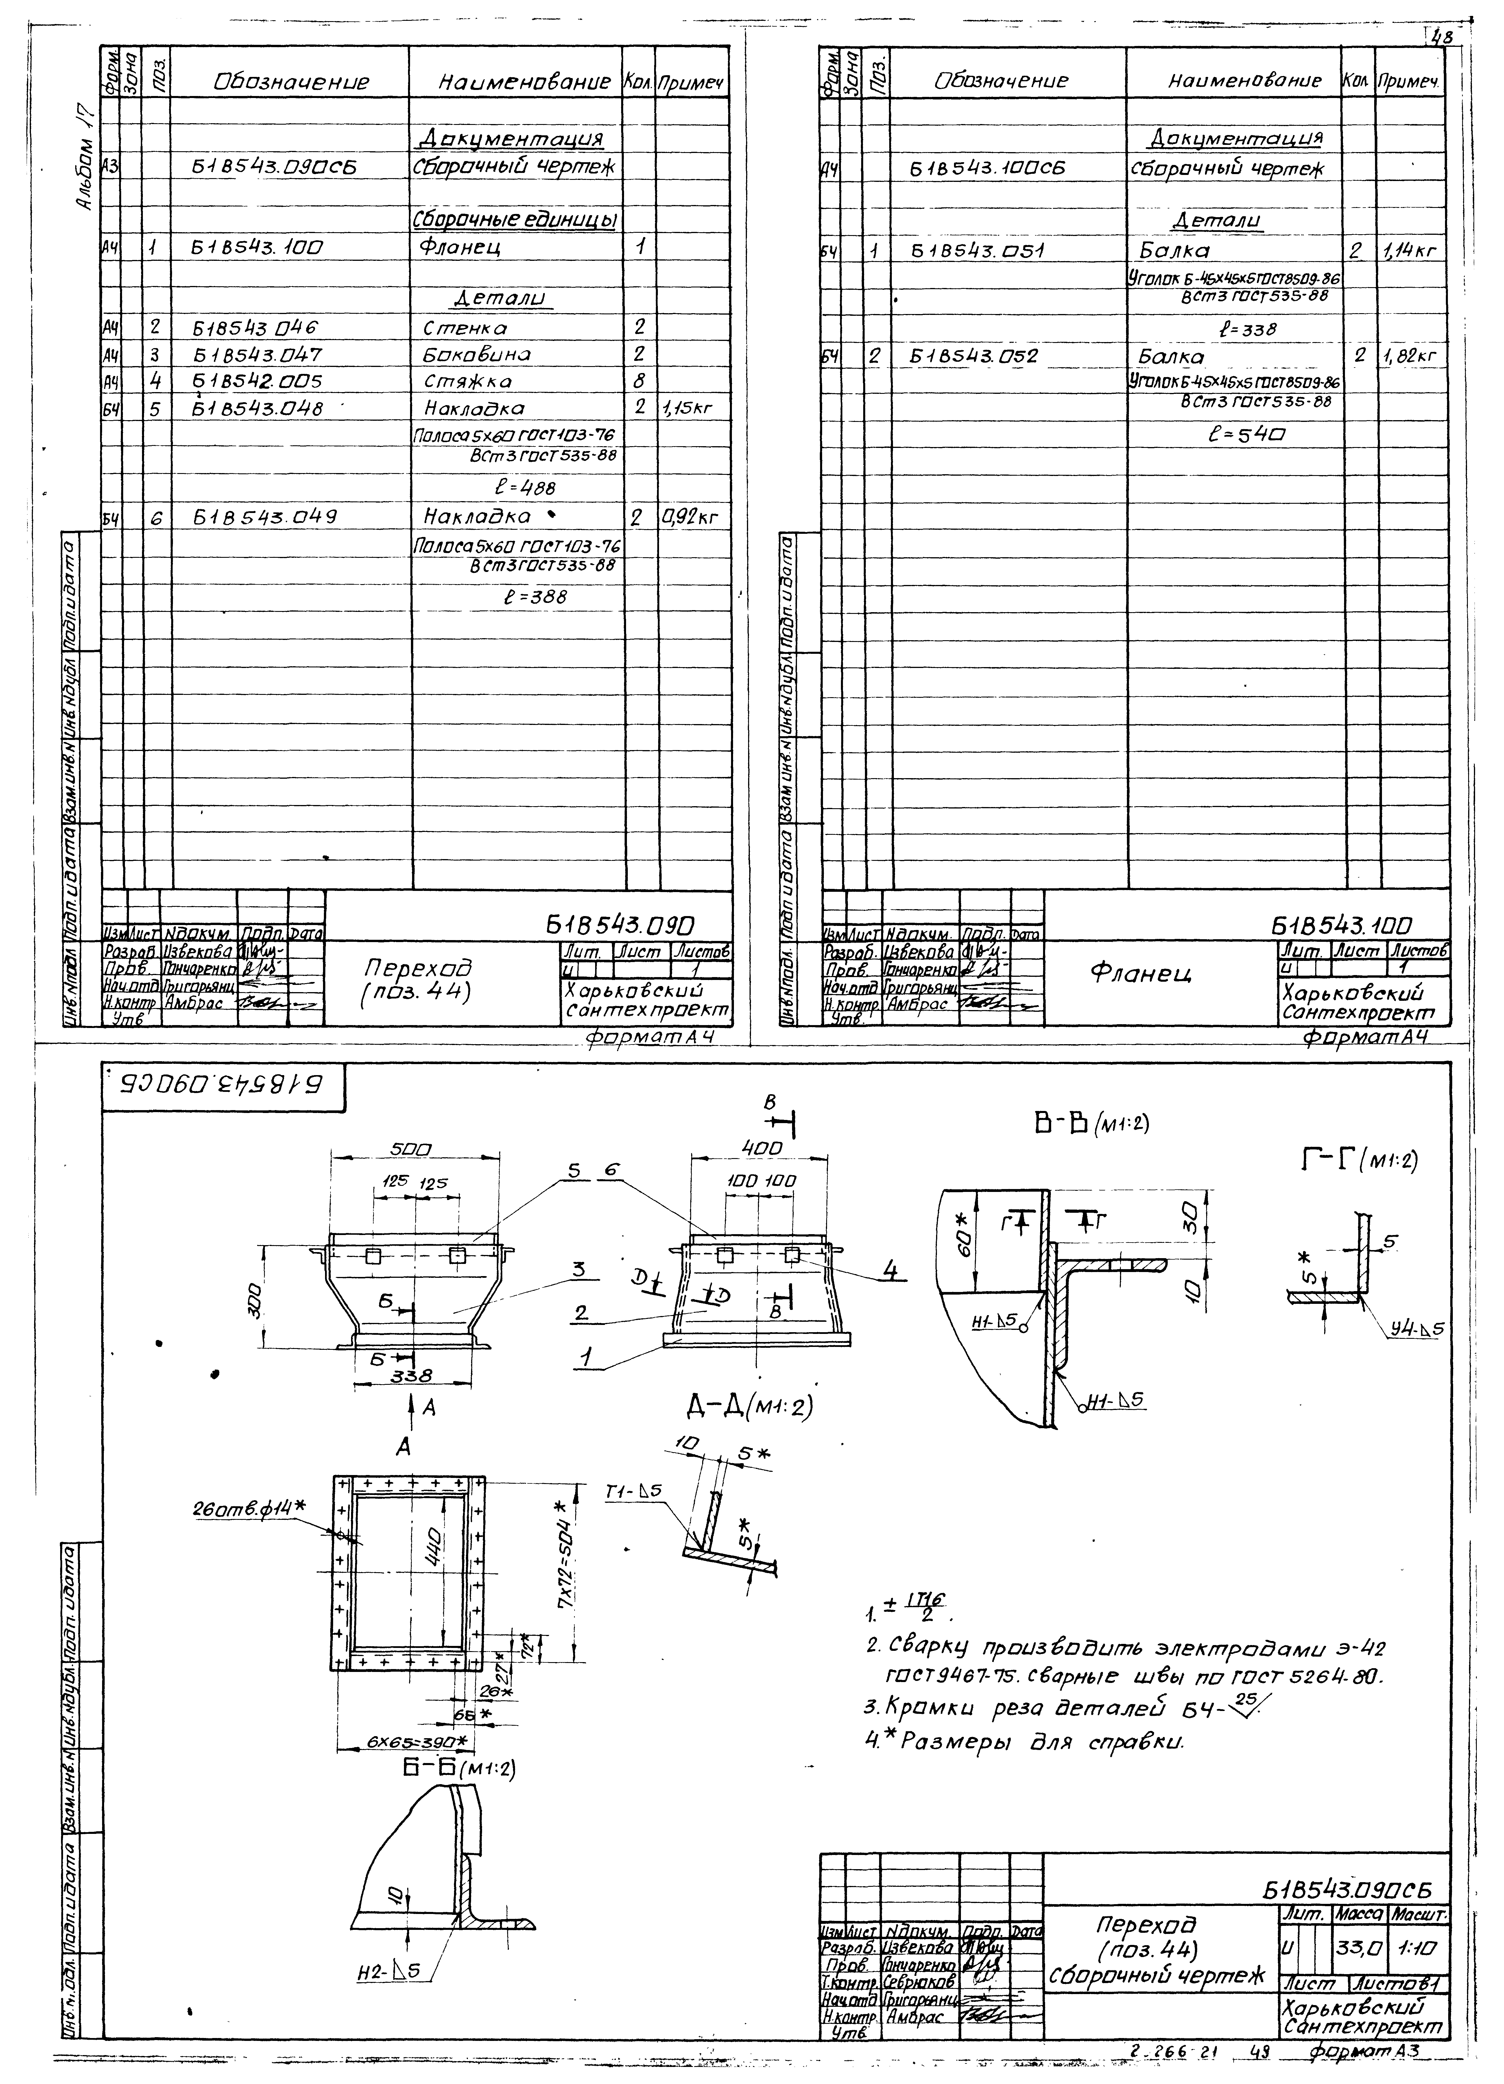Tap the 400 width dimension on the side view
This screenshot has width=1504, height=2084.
(762, 1149)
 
